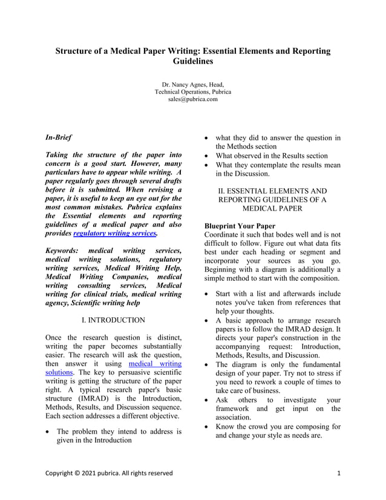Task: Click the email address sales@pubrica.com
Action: [192, 99]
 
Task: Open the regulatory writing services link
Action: [115, 232]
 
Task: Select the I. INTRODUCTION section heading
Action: [114, 320]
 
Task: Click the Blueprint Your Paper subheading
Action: [240, 226]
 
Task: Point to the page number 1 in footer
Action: [339, 473]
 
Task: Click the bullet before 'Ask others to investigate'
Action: [208, 400]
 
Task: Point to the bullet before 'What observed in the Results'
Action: [208, 156]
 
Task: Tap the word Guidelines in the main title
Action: [192, 62]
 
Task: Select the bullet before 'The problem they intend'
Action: [49, 432]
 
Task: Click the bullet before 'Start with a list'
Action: [208, 294]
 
